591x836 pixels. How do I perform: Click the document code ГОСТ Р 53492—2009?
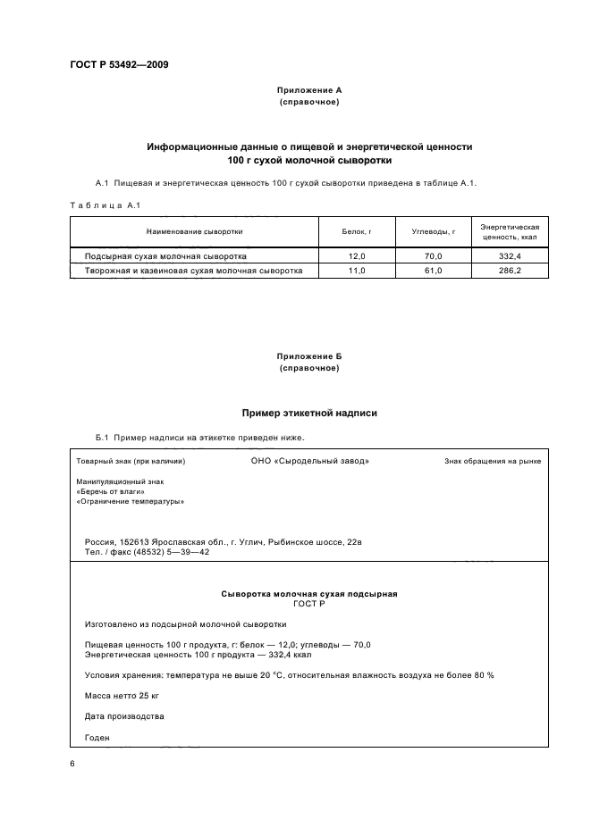tap(119, 65)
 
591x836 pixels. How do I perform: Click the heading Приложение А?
tap(309, 90)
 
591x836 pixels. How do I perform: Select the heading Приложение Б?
tap(309, 356)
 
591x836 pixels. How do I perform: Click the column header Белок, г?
tap(356, 231)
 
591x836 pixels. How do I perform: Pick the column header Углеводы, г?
tap(433, 231)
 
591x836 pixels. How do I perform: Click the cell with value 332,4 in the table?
tap(510, 255)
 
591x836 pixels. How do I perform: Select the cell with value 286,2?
tap(510, 270)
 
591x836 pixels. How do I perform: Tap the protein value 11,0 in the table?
tap(356, 270)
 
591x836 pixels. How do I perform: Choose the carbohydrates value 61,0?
tap(433, 270)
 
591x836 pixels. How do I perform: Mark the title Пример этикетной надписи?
tap(309, 414)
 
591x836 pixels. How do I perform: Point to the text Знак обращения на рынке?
tap(492, 462)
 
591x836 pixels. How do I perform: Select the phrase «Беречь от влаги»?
tap(110, 491)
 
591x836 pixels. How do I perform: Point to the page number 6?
tap(72, 765)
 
